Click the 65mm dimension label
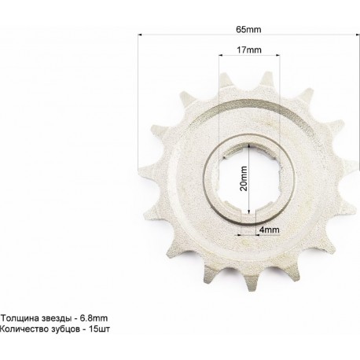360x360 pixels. [x=248, y=29]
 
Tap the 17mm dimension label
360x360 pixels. [x=249, y=50]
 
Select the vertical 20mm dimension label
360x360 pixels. [x=244, y=178]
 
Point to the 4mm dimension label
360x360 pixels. [x=269, y=230]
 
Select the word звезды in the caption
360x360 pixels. [x=55, y=318]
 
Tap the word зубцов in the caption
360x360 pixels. [x=64, y=329]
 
